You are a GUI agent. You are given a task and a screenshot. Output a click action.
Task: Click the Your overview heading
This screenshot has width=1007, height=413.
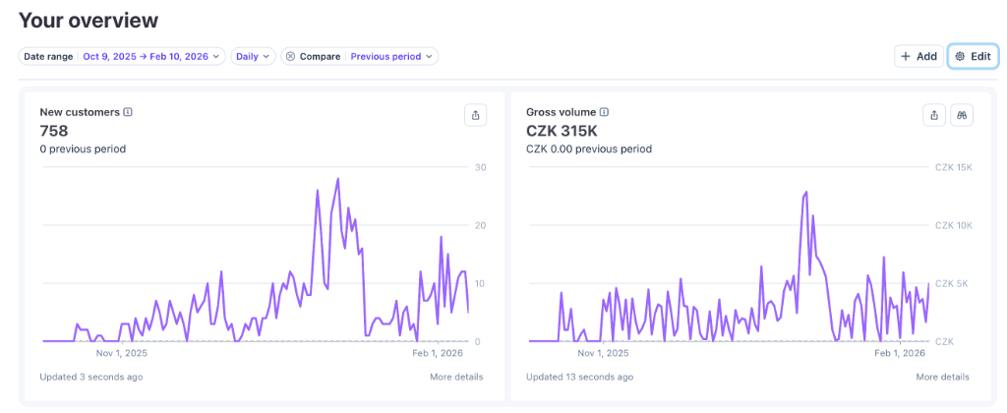[89, 21]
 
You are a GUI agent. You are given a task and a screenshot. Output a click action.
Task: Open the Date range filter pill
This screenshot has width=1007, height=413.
[122, 57]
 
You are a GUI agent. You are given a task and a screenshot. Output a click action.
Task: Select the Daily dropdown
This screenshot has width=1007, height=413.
[252, 57]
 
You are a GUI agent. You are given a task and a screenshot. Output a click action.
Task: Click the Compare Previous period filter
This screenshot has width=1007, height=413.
[360, 57]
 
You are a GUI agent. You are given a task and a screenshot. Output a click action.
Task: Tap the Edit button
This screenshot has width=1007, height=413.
[972, 57]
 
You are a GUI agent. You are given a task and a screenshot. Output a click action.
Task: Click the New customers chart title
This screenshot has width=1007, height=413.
[80, 112]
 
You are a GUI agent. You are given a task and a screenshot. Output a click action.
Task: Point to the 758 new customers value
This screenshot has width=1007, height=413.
[54, 131]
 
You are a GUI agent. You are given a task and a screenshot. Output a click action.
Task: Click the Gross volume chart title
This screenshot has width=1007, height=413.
[561, 112]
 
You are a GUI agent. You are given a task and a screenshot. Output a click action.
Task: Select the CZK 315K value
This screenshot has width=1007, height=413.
[562, 131]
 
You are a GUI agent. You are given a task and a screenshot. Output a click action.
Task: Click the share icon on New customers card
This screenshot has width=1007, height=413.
[476, 115]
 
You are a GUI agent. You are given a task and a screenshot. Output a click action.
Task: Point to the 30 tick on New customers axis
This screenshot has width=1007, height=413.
[480, 167]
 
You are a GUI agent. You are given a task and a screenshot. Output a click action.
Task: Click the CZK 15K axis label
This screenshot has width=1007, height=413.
[952, 167]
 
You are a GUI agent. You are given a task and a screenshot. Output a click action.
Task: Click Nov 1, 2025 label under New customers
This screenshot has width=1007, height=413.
[121, 353]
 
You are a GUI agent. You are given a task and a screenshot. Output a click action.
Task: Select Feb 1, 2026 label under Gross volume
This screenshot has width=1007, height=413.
[901, 353]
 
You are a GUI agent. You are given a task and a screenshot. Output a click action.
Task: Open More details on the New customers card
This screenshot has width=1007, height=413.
[456, 377]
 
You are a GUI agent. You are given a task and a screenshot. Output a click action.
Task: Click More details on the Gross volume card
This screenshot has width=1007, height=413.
[942, 377]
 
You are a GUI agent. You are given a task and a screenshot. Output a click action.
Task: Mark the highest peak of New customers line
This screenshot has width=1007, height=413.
[338, 179]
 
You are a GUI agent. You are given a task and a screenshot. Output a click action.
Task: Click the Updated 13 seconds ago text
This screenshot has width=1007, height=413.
[579, 377]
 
